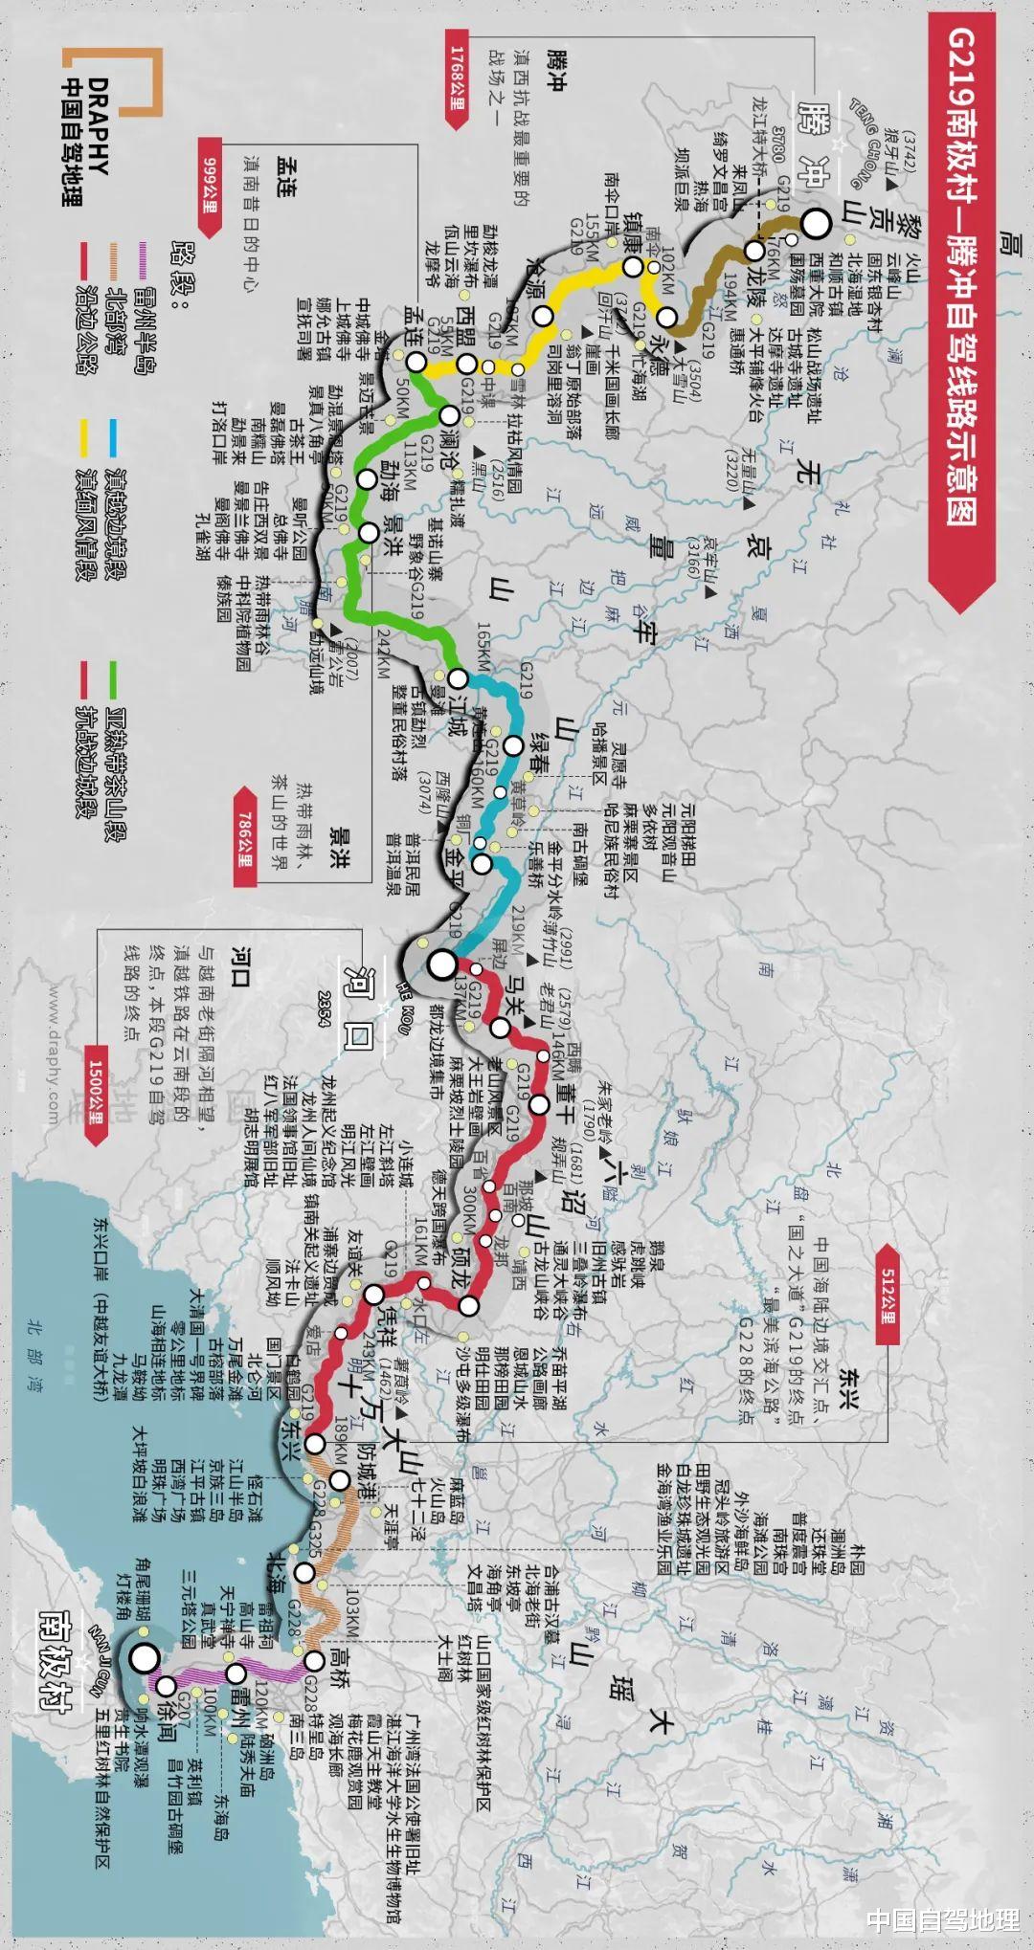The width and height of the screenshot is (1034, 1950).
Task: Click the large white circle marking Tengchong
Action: (x=816, y=224)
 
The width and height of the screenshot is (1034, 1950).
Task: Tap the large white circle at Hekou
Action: (x=442, y=964)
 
